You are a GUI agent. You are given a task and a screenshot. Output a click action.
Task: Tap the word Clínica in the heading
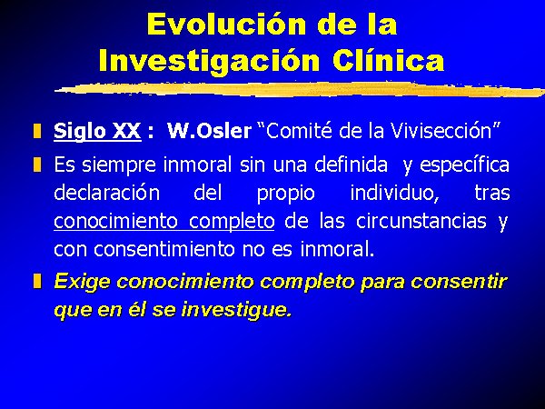(388, 60)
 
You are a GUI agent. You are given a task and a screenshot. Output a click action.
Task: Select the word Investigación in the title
(209, 62)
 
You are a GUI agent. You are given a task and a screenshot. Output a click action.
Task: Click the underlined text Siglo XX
(97, 131)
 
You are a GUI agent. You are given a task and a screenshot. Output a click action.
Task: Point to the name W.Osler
(209, 131)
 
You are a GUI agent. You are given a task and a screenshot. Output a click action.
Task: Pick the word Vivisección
(441, 131)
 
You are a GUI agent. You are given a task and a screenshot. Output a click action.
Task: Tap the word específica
(464, 165)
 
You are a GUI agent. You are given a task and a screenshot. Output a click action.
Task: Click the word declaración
(106, 193)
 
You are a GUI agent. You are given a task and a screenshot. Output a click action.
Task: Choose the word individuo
(394, 193)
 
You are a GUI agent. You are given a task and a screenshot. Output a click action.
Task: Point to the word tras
(491, 193)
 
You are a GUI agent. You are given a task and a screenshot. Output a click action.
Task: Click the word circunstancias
(421, 221)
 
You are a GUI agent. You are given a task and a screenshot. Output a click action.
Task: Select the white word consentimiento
(164, 249)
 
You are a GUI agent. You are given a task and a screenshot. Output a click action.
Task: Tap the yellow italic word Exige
(83, 282)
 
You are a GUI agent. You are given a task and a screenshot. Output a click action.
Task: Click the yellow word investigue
(236, 310)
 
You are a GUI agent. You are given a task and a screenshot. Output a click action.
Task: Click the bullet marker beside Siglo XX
(37, 131)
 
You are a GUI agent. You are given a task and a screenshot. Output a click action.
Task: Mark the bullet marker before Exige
(37, 282)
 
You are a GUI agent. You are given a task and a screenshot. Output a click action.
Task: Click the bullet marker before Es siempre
(37, 165)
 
